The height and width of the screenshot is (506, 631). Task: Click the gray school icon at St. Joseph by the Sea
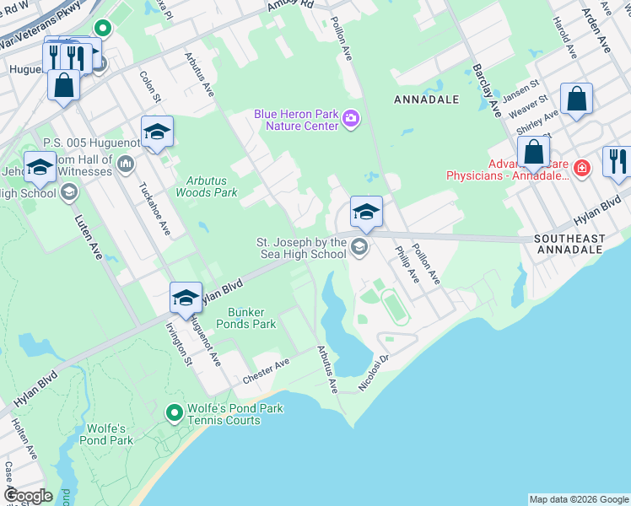click(x=359, y=247)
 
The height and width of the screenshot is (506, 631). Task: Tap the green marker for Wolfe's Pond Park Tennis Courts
click(x=175, y=412)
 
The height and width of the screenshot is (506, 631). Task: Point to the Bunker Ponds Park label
click(x=245, y=317)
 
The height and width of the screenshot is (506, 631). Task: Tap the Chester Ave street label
click(x=266, y=369)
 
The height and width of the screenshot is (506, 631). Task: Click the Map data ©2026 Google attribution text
click(x=578, y=499)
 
